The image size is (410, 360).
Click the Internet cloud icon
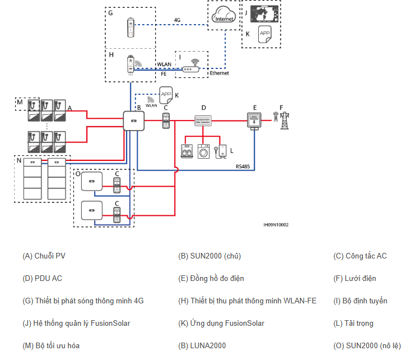[x=224, y=15]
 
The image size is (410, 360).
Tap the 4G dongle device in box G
[x=131, y=27]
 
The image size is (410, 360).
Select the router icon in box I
[x=191, y=66]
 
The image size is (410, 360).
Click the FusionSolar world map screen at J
[x=264, y=14]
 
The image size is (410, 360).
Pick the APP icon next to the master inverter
[x=166, y=95]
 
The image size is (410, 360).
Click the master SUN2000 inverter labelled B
[x=134, y=121]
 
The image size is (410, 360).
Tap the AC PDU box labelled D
[x=203, y=121]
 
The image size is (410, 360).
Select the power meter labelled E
[x=254, y=121]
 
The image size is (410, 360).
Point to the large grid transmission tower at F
[x=285, y=121]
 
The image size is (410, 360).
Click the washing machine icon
[x=203, y=151]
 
